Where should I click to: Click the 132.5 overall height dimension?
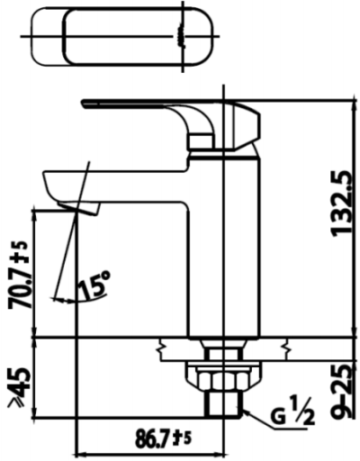341,203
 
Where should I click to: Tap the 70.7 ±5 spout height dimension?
20,275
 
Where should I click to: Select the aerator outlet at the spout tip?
78,208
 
